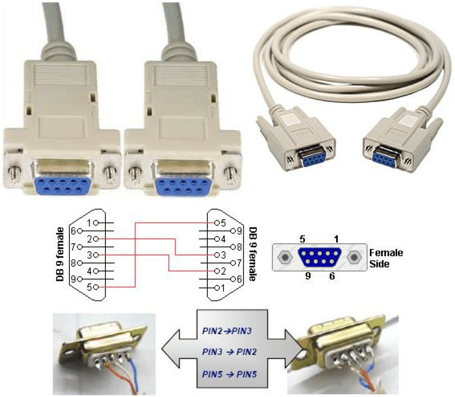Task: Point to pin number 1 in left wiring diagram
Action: click(90, 223)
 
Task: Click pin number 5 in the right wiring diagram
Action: click(222, 223)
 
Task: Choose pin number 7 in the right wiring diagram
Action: click(238, 263)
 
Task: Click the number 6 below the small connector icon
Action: click(332, 276)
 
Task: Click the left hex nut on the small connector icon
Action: click(286, 257)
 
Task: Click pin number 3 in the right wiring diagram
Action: click(222, 255)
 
